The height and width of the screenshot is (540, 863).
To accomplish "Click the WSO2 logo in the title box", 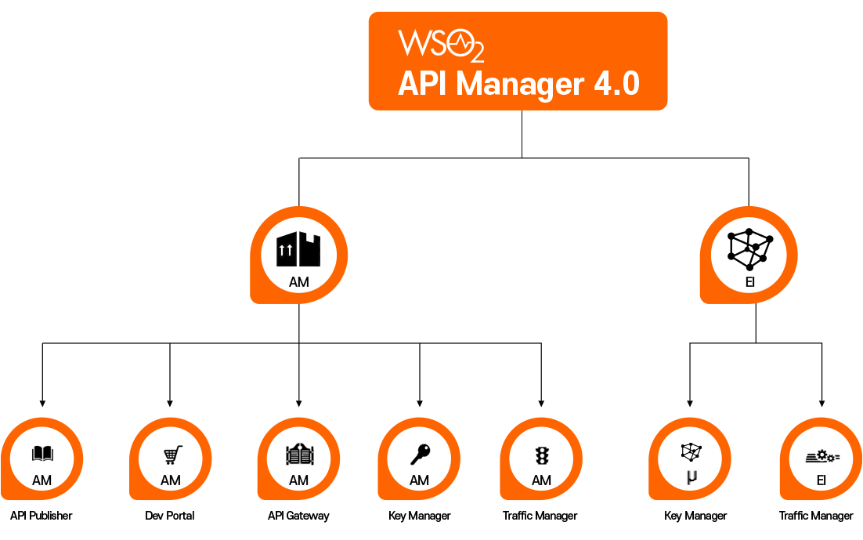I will (x=440, y=45).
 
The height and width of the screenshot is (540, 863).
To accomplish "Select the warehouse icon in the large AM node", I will (x=298, y=248).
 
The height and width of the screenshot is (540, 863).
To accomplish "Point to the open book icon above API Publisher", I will (x=42, y=453).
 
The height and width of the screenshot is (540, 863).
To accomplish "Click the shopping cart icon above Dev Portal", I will (x=172, y=455).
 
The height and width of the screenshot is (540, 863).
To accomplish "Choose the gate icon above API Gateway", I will (x=298, y=454).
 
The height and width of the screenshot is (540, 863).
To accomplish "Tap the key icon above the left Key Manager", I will (x=420, y=454).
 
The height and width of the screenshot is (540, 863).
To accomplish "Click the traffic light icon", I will (x=541, y=455).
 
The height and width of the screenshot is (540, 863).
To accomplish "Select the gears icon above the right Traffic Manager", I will (x=822, y=455).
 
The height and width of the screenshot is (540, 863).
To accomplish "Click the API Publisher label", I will (x=42, y=516).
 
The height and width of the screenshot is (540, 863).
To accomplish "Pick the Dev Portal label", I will (x=170, y=516).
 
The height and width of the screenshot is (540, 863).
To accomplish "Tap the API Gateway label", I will (x=298, y=516).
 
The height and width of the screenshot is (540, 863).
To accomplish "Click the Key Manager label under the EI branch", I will (x=695, y=516).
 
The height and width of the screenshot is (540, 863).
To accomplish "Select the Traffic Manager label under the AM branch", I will (x=540, y=516).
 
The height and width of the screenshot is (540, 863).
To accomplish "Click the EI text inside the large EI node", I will (x=749, y=282).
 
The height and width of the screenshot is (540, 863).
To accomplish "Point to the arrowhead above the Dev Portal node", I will (x=170, y=402).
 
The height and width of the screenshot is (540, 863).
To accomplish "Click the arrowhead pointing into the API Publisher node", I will (x=42, y=402).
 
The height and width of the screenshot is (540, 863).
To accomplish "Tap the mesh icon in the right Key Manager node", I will (x=690, y=451).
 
